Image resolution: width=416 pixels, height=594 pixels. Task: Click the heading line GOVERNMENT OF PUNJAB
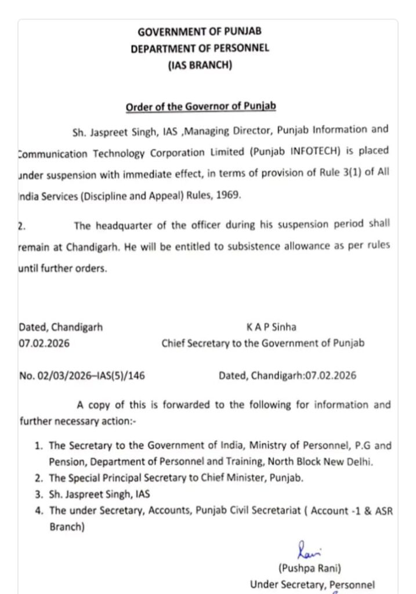(200, 32)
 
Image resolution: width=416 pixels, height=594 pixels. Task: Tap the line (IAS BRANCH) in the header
(200, 66)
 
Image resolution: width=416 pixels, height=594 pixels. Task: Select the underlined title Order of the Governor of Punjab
(201, 107)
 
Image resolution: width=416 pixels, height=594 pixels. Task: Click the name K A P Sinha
(272, 327)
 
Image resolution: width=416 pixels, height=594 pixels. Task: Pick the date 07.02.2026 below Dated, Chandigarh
(44, 343)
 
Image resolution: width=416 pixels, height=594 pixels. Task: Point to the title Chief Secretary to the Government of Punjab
(263, 343)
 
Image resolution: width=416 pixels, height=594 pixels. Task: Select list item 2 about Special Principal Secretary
(176, 479)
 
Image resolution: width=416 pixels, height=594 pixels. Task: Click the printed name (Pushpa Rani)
(305, 568)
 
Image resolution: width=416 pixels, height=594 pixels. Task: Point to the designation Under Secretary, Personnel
(312, 585)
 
